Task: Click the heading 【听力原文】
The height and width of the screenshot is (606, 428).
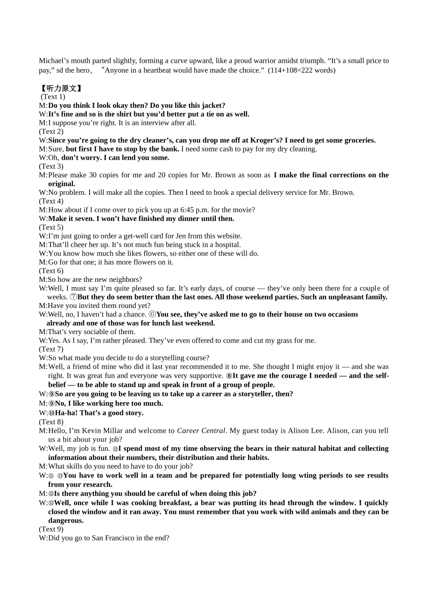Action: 60,88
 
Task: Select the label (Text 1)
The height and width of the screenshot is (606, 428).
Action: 53,96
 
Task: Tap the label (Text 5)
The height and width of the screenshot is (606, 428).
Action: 51,227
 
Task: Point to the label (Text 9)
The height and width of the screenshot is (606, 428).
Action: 51,529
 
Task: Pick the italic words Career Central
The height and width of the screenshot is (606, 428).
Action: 200,431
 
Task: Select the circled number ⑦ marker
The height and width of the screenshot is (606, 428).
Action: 73,297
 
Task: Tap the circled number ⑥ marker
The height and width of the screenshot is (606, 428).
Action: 152,314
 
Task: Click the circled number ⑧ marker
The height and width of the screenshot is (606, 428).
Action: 229,376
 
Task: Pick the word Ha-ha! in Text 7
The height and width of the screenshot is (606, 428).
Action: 66,413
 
